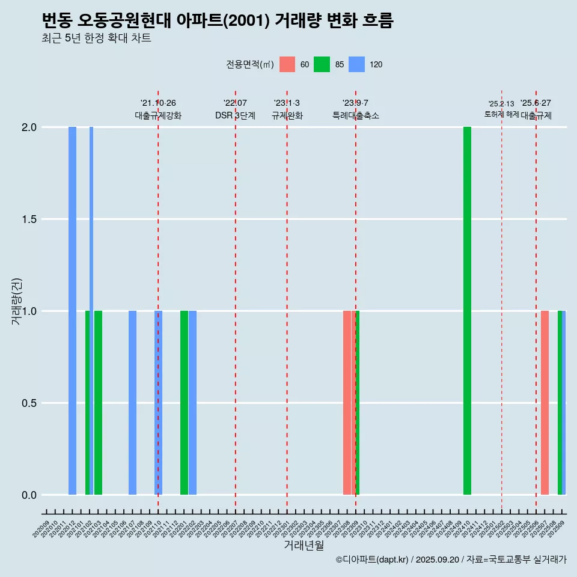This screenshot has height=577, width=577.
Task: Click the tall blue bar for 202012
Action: [x=72, y=311]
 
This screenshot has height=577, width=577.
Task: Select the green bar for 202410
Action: [x=467, y=311]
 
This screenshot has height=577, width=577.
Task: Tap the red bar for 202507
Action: [x=545, y=403]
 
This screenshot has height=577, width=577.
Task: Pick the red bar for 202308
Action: [x=347, y=403]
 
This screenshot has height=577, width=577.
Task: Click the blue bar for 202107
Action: [x=132, y=403]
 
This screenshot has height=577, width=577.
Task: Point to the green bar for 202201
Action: [x=184, y=403]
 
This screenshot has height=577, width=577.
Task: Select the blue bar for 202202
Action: [x=192, y=403]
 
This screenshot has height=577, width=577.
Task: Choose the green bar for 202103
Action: [x=98, y=403]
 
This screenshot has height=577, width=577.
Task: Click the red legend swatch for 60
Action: [x=287, y=64]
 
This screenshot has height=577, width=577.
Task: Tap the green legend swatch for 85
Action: [x=322, y=64]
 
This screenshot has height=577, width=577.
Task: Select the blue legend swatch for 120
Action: [x=357, y=64]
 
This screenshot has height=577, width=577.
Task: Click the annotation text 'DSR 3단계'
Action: [x=235, y=115]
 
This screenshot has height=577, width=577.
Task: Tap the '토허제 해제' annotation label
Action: [x=501, y=114]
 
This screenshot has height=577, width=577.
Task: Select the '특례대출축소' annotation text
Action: [x=356, y=115]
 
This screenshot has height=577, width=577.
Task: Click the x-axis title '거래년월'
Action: [x=304, y=545]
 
